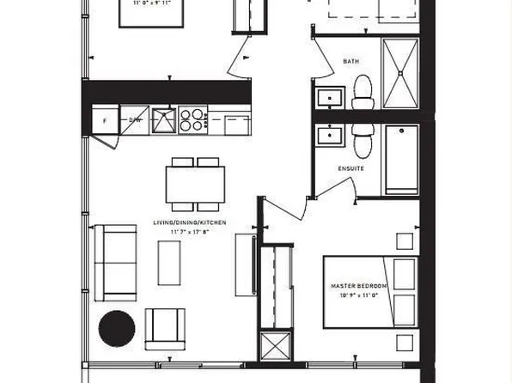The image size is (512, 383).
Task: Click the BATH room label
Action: [x=350, y=61]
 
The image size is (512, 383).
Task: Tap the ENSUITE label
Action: [x=352, y=168]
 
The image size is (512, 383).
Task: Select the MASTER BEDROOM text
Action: [x=359, y=285]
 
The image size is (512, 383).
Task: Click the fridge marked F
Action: [x=105, y=122]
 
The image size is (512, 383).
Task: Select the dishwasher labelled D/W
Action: [x=135, y=121]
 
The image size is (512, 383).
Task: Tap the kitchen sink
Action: [x=163, y=120]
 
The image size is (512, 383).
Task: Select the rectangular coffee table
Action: [x=170, y=262]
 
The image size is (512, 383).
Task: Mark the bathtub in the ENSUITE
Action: [x=400, y=159]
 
